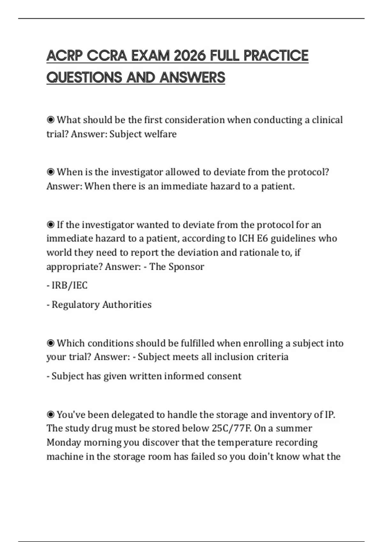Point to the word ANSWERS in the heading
coord(192,77)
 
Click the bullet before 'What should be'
coord(50,120)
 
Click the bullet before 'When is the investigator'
coord(50,172)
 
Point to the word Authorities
coord(127,304)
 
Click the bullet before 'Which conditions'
coord(50,343)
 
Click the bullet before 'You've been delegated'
coord(50,414)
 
